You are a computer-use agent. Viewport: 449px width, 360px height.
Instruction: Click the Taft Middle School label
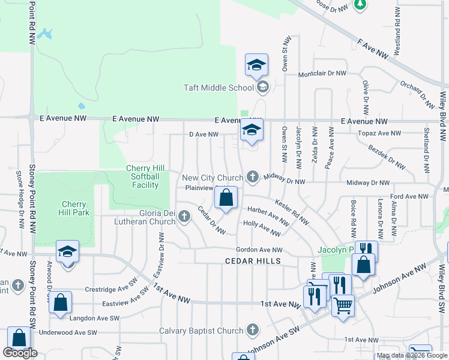[x=218, y=88]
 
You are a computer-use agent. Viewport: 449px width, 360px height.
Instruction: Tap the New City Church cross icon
[x=253, y=177]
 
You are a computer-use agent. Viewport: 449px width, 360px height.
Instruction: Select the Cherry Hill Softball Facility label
[x=143, y=176]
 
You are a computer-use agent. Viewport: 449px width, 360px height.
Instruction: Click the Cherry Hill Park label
[x=74, y=208]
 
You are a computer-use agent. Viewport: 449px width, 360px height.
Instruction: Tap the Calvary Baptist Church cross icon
[x=253, y=330]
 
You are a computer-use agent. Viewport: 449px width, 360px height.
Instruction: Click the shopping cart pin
[x=343, y=305]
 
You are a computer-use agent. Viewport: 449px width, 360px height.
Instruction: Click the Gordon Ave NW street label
[x=259, y=250]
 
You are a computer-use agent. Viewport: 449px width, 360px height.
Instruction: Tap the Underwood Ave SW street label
[x=67, y=332]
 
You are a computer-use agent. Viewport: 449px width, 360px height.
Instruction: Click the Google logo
[x=19, y=353]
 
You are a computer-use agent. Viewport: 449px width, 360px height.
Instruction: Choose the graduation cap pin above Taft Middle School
[x=256, y=66]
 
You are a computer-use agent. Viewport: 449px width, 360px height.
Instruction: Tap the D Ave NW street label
[x=203, y=134]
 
